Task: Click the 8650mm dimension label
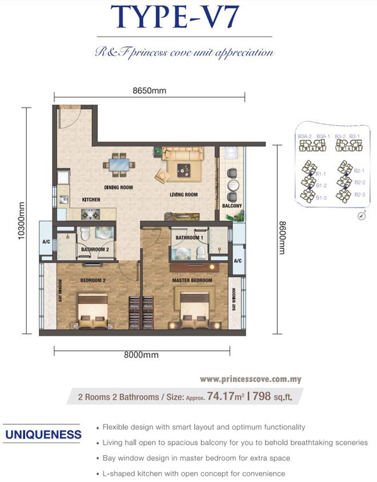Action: point(149,91)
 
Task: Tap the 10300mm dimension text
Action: point(21,221)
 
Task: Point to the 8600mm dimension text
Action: point(282,238)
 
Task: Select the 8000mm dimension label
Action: point(141,354)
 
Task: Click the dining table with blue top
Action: point(119,165)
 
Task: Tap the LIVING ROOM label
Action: point(183,194)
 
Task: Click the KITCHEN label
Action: point(91,200)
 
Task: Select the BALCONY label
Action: point(232,206)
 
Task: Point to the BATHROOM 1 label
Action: point(190,238)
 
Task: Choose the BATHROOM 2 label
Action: point(95,249)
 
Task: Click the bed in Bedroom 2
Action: point(93,311)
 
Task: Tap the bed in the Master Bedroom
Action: point(194,310)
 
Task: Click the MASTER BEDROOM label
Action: point(192,280)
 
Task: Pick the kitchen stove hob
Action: point(90,214)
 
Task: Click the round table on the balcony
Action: point(233,185)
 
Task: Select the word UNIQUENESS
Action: point(43,435)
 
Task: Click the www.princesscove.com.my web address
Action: point(251,379)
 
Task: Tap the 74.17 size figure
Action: point(220,396)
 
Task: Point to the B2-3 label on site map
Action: point(359,194)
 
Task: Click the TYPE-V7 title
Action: point(175,17)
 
